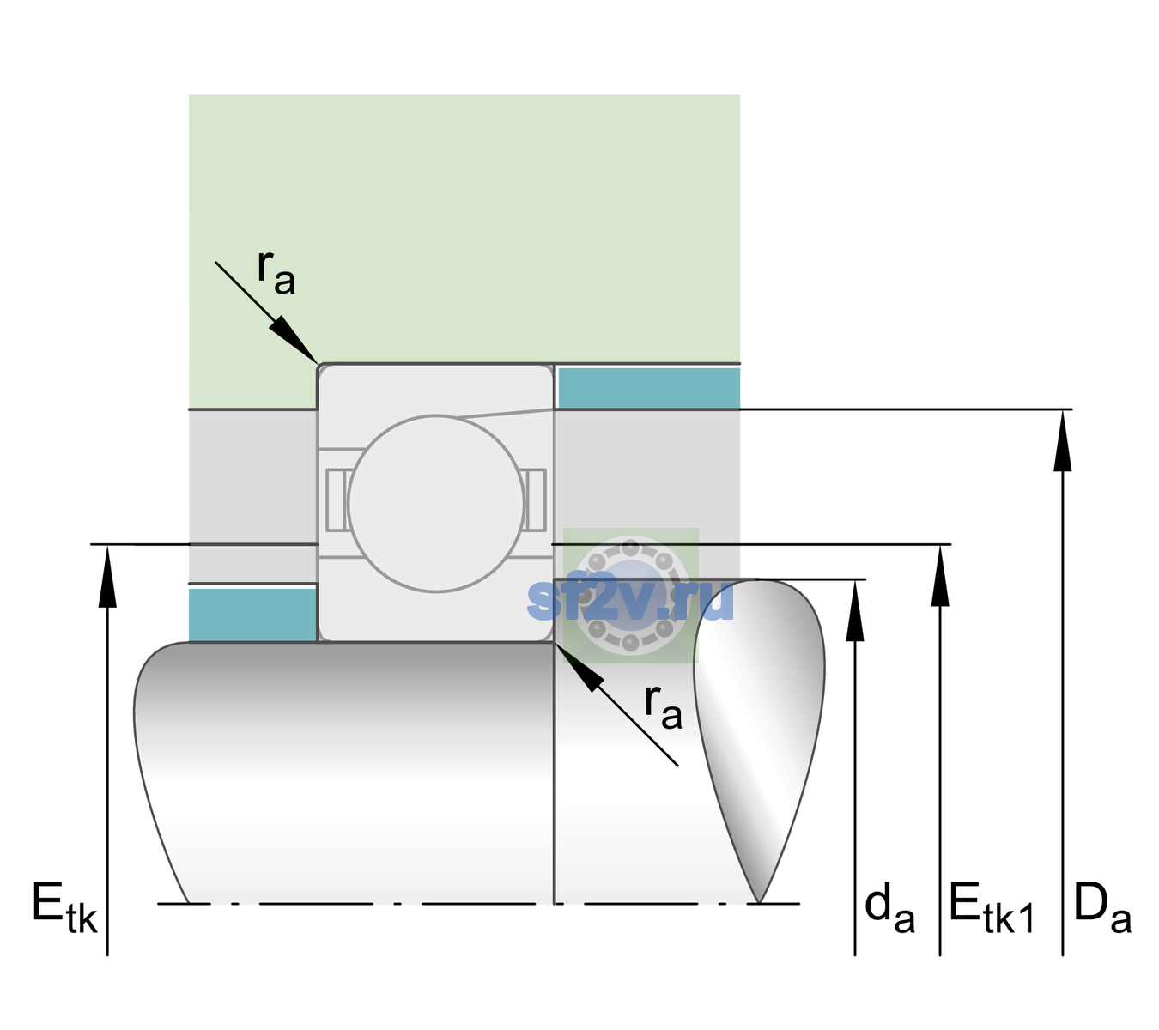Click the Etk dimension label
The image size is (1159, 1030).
pyautogui.click(x=64, y=907)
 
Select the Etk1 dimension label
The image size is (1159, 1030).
pyautogui.click(x=992, y=907)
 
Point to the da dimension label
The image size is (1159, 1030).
pyautogui.click(x=889, y=907)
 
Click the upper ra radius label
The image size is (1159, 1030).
pyautogui.click(x=276, y=272)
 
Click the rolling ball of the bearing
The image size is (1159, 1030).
pyautogui.click(x=436, y=503)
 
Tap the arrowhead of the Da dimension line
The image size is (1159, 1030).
pyautogui.click(x=1062, y=440)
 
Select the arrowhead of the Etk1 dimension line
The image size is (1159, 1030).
pyautogui.click(x=940, y=575)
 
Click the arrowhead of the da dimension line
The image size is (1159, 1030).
pyautogui.click(x=855, y=610)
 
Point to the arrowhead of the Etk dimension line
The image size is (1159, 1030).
pyautogui.click(x=107, y=576)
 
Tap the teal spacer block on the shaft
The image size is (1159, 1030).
pyautogui.click(x=253, y=615)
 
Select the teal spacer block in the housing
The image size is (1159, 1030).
pyautogui.click(x=649, y=388)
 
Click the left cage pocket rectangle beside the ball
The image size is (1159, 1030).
pyautogui.click(x=337, y=500)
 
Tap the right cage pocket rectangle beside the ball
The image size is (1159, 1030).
pyautogui.click(x=536, y=500)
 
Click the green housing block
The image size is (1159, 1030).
pyautogui.click(x=464, y=229)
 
